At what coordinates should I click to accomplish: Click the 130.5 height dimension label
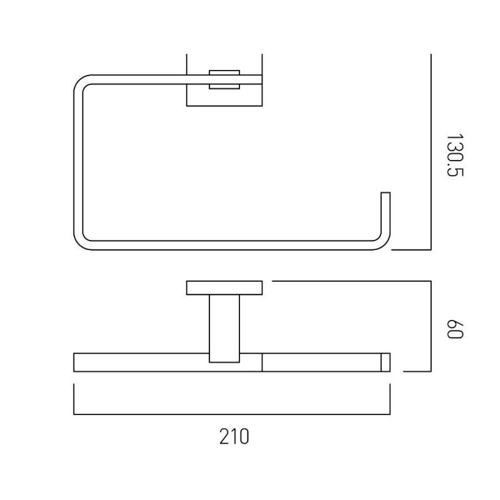tap(454, 155)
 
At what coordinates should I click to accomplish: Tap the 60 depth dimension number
tap(454, 329)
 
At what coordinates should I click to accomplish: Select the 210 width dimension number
tap(234, 436)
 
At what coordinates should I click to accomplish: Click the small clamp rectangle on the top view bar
tap(224, 79)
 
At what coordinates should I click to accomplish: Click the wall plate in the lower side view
tap(224, 288)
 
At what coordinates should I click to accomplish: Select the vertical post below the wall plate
tap(224, 329)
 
